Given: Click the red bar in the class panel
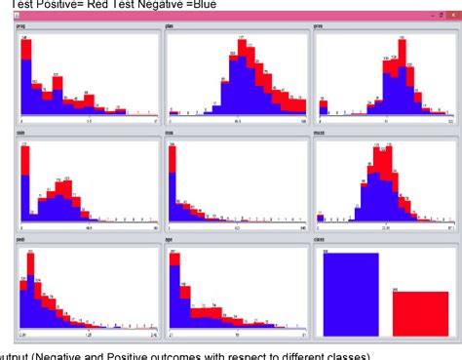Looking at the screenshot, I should [x=420, y=312].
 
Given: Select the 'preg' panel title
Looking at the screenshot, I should [x=20, y=25].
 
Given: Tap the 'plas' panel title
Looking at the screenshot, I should [x=171, y=25].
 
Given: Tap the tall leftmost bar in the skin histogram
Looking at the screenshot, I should [x=24, y=180].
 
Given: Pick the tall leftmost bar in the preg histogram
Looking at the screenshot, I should [x=26, y=78].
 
